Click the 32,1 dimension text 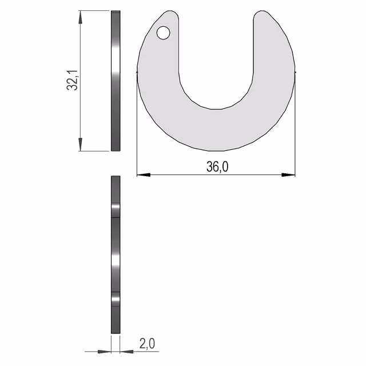click(73, 80)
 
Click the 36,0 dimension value click(217, 166)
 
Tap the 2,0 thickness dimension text click(147, 344)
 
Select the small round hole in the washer click(164, 33)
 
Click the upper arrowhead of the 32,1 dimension click(80, 17)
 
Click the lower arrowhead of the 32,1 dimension click(80, 144)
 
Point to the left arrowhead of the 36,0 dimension click(144, 174)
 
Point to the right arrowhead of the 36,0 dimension click(288, 174)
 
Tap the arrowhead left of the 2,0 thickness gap click(104, 352)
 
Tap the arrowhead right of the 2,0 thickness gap click(127, 352)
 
